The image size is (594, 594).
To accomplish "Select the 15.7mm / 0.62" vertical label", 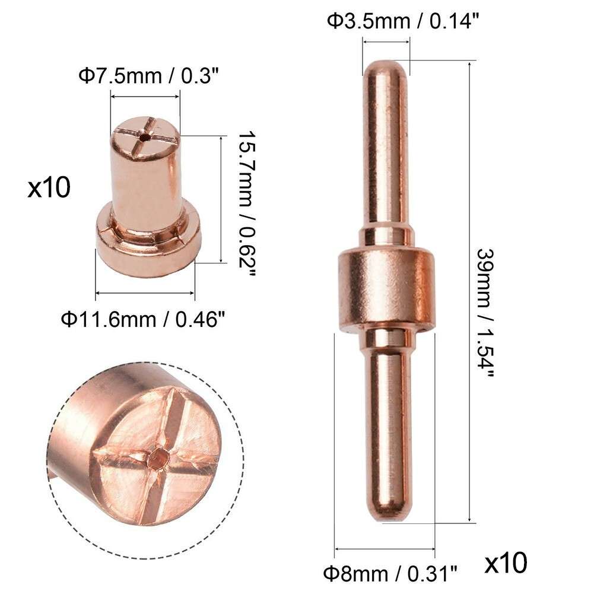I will pos(244,199).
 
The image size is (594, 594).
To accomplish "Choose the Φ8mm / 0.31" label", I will pos(390,573).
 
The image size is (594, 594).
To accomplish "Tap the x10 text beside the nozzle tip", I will pos(49,189).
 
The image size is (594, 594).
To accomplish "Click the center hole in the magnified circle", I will pos(158,458).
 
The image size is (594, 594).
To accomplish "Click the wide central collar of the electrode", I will pos(386,291).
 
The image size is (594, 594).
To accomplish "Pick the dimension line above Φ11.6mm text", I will pos(145,293).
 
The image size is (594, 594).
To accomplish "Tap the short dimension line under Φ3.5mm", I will pos(386,42).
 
